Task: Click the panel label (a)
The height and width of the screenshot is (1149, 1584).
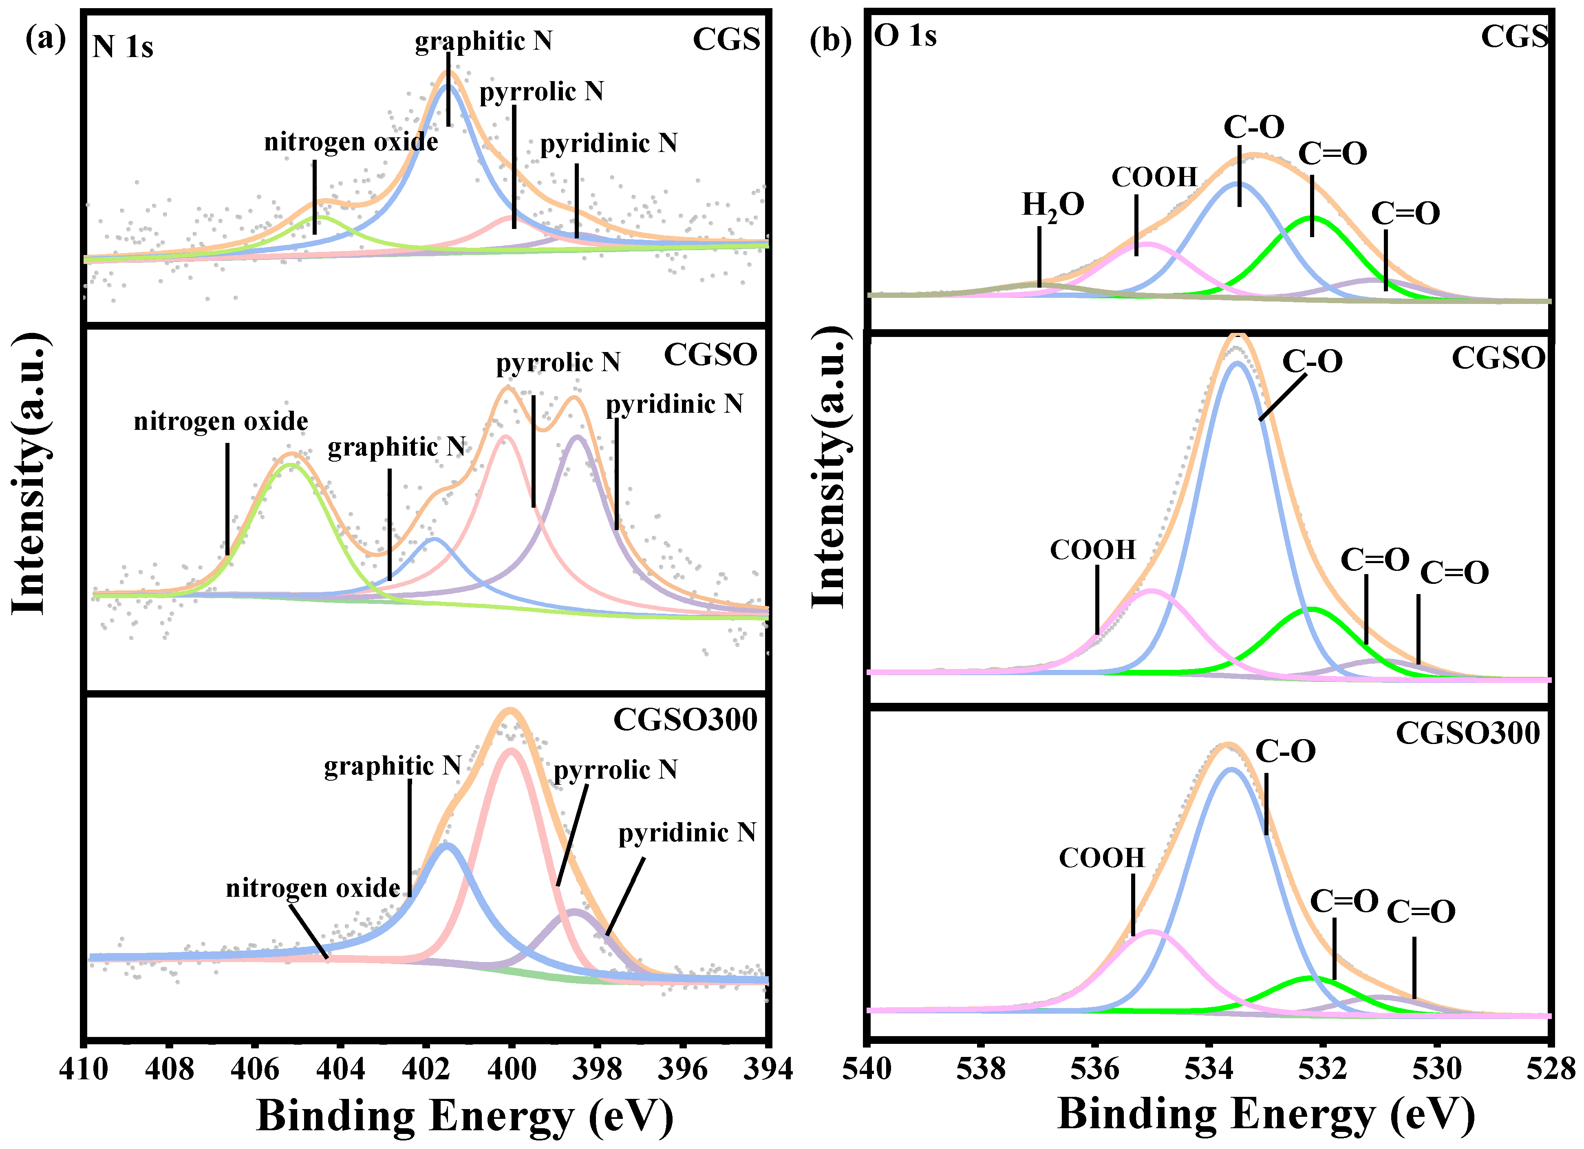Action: (45, 38)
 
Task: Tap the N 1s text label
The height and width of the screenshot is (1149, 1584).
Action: (123, 47)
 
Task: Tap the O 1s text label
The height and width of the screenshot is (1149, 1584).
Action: (905, 35)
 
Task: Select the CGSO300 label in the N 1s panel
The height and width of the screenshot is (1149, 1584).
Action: (685, 720)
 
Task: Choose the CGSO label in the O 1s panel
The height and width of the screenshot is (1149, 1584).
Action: (1498, 358)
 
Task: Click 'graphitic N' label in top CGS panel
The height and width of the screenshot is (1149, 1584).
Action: (483, 41)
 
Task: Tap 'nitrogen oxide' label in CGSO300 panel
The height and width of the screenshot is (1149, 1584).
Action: (313, 888)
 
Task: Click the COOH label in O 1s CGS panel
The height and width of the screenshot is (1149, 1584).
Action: (1154, 177)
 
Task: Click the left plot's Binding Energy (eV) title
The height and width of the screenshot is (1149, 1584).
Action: (465, 1116)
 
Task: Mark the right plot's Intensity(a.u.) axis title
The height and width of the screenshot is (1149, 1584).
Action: (830, 468)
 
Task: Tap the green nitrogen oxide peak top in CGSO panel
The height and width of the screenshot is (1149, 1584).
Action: (291, 464)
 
